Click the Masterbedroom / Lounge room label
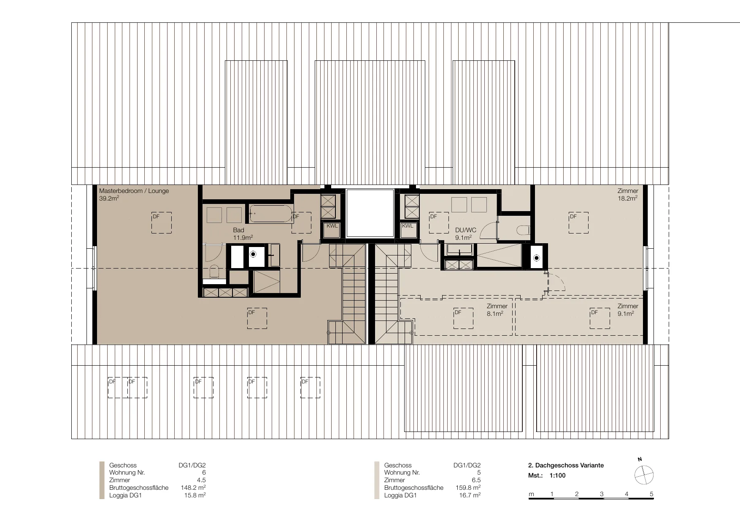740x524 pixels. pos(134,191)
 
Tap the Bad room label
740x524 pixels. pos(238,230)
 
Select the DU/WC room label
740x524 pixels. pos(465,230)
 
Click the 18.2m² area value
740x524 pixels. pos(628,198)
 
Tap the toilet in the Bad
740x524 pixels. pos(214,272)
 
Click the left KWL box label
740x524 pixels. pos(332,226)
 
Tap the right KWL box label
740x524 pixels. pos(408,226)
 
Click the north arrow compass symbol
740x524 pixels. pos(644,475)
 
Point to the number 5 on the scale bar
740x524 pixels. pos(651,494)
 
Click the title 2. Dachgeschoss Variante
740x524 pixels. pos(566,465)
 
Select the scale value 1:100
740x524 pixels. pos(557,475)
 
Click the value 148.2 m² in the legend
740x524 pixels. pos(193,488)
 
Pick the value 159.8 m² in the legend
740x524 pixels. pos(468,488)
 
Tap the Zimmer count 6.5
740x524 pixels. pos(476,480)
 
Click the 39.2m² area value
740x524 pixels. pos(109,198)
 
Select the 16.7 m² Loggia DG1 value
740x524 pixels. pos(470,495)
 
